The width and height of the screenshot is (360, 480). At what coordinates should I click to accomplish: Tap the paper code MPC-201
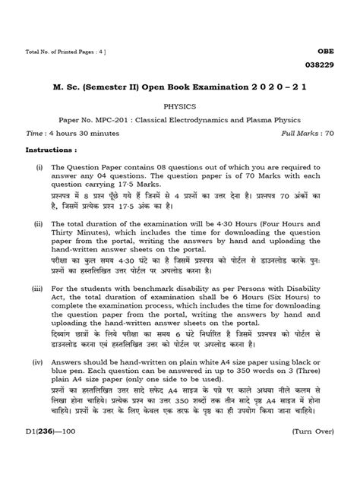(119, 120)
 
